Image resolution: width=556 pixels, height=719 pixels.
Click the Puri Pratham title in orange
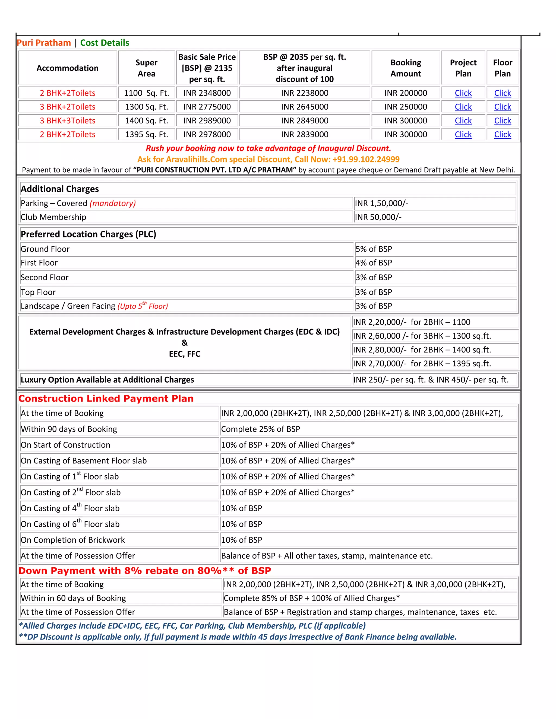coord(44,43)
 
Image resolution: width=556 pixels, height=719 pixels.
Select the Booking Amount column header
coord(406,68)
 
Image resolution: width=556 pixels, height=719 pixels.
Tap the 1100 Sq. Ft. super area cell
coord(146,93)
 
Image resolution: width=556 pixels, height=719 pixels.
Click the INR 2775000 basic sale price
coord(207,107)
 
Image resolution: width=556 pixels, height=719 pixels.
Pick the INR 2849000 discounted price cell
coord(304,121)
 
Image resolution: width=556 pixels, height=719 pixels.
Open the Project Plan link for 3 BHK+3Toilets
coord(463,121)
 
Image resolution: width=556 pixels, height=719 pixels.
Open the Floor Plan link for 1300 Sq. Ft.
coord(502,107)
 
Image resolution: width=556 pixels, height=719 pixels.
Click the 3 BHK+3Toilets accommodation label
coord(68,121)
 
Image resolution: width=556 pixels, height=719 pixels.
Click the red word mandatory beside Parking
coord(113,203)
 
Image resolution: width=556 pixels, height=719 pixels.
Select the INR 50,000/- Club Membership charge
coord(378,217)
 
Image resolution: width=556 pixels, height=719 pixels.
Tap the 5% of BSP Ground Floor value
coord(374,249)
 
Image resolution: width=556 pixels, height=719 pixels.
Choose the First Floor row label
coord(39,263)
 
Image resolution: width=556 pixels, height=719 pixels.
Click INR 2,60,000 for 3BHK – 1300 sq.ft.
coord(422,336)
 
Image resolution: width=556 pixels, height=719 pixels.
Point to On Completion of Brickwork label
coord(73,540)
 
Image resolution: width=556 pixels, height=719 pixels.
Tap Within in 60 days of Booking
coord(73,598)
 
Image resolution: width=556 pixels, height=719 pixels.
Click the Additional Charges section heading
coord(60,189)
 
